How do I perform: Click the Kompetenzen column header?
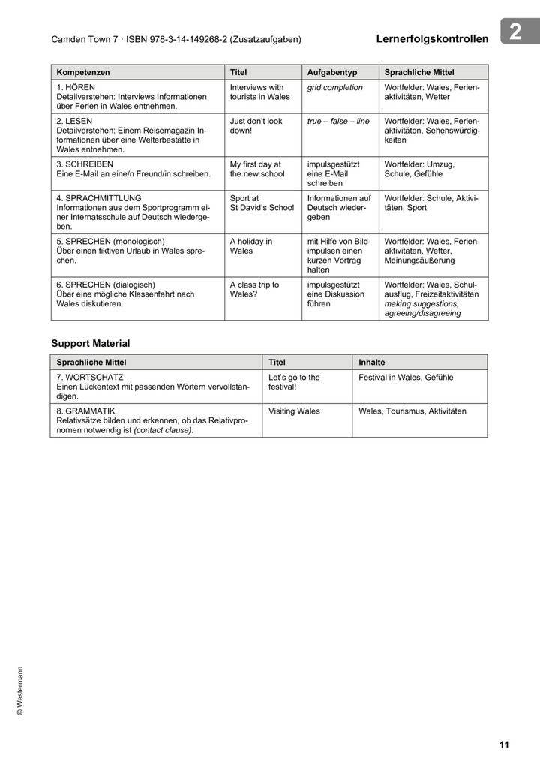(83, 72)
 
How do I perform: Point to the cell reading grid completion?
(334, 88)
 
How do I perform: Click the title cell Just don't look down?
(256, 125)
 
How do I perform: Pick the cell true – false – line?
(338, 121)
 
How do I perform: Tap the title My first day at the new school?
(257, 169)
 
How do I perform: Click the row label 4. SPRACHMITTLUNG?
(98, 198)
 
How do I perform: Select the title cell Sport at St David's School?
(262, 203)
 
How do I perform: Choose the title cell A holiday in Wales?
(251, 246)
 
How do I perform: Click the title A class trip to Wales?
(254, 289)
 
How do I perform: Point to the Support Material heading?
(90, 343)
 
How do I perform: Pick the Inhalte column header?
(371, 362)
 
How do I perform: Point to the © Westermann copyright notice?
(20, 691)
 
